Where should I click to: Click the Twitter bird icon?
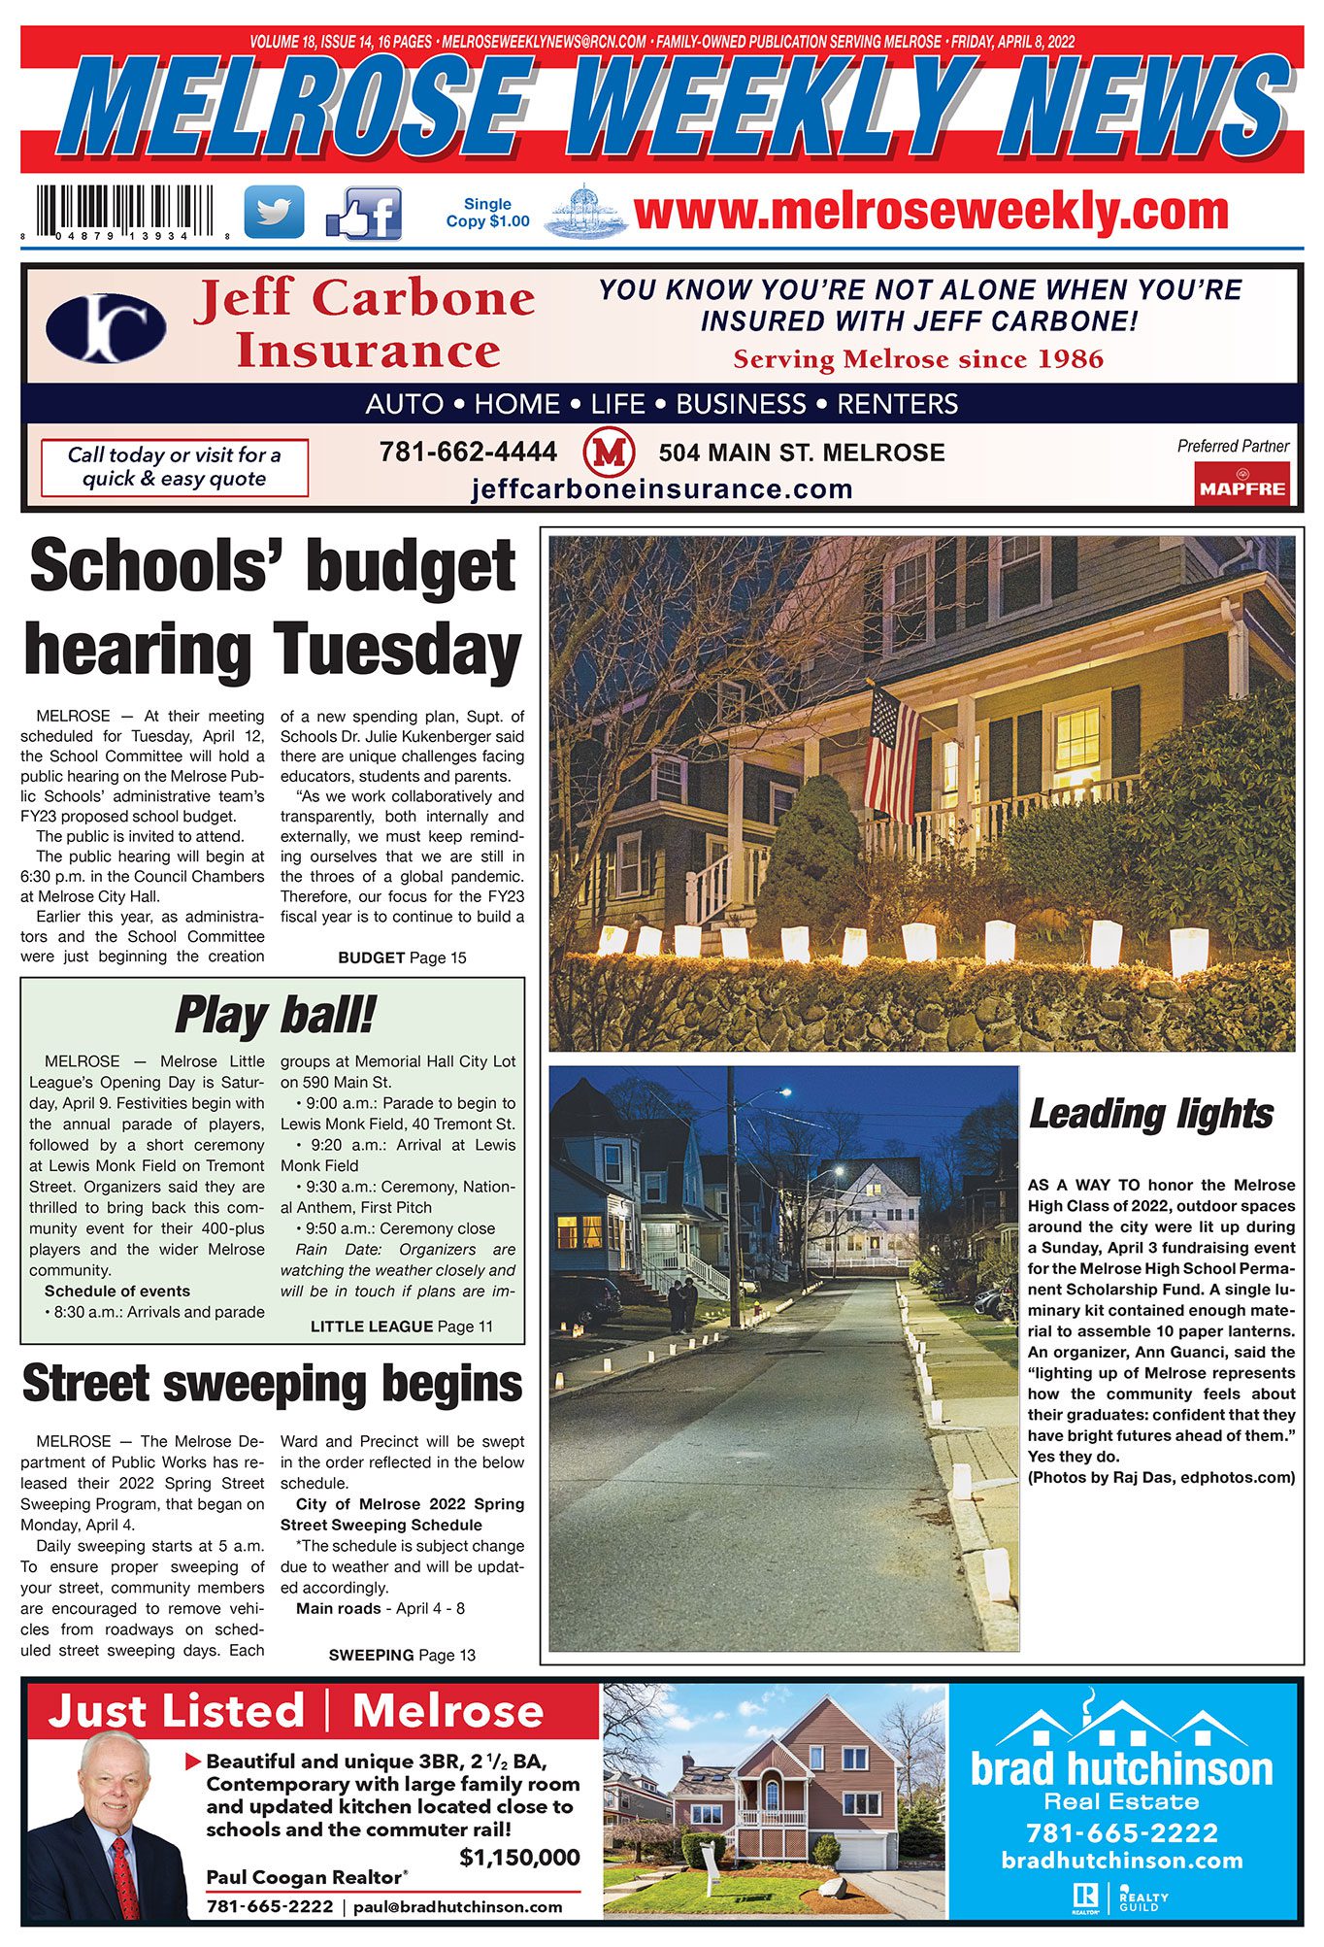[274, 212]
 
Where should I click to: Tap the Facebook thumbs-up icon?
[365, 215]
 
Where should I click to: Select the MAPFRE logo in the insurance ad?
[1241, 485]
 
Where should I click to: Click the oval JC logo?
[106, 328]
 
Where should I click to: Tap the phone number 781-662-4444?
[468, 453]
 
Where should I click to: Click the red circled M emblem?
[609, 453]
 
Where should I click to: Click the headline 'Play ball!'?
[274, 1016]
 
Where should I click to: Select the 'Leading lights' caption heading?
[1151, 1114]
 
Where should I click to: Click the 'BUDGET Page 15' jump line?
[402, 957]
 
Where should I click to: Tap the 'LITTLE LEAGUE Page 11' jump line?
[402, 1326]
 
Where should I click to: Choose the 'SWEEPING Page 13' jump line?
[402, 1655]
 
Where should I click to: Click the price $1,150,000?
[519, 1858]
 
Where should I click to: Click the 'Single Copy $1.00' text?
[487, 213]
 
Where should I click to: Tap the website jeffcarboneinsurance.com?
[662, 488]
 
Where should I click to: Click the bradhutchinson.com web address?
[1122, 1861]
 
